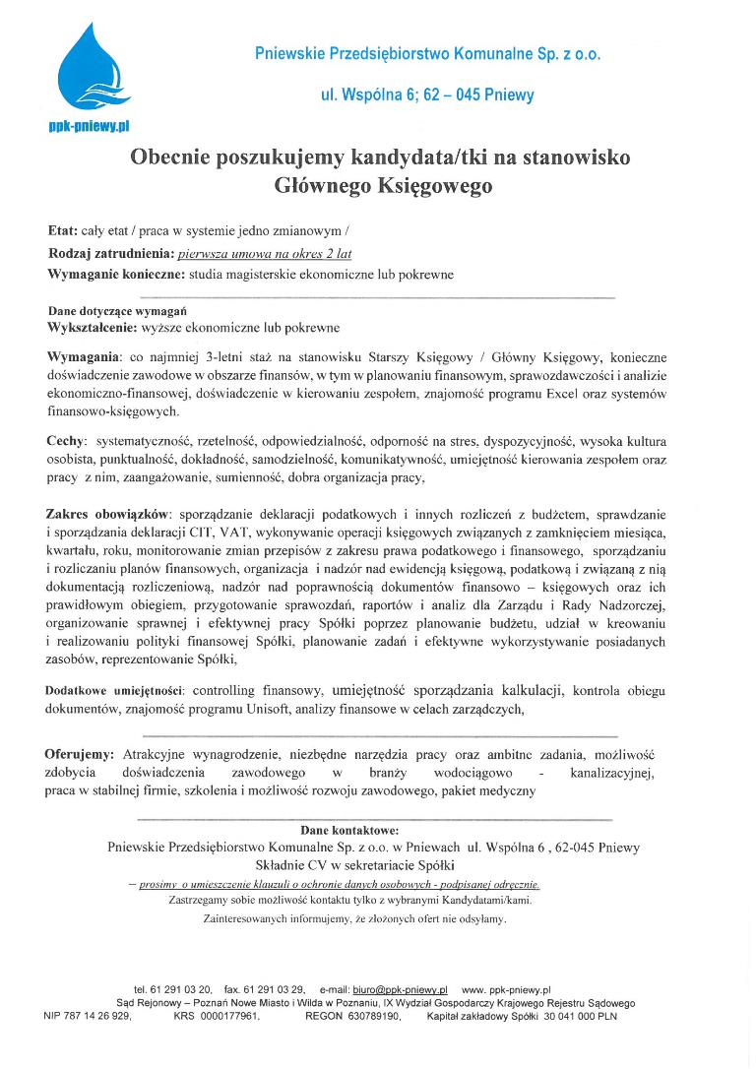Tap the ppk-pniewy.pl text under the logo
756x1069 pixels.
(90, 126)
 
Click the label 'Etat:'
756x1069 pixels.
(62, 231)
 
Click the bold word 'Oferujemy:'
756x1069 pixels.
(79, 754)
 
